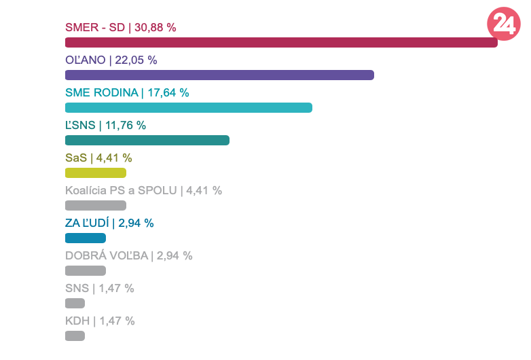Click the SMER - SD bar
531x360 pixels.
pyautogui.click(x=281, y=42)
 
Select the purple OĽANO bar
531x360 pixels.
pyautogui.click(x=219, y=75)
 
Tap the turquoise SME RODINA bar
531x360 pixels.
pyautogui.click(x=188, y=107)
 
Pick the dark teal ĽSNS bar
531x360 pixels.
pyautogui.click(x=147, y=140)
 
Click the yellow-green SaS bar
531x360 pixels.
pyautogui.click(x=95, y=173)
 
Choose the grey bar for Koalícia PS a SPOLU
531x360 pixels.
pyautogui.click(x=95, y=205)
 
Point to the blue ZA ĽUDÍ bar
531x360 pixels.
pyautogui.click(x=85, y=238)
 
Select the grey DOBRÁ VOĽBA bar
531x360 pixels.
pyautogui.click(x=85, y=270)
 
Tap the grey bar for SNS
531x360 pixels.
pyautogui.click(x=75, y=303)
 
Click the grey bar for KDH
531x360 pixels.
pyautogui.click(x=75, y=336)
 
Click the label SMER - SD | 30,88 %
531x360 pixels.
pyautogui.click(x=121, y=27)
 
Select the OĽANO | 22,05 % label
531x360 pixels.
pyautogui.click(x=111, y=60)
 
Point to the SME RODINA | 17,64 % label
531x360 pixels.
pyautogui.click(x=127, y=92)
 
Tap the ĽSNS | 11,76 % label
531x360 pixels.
pyautogui.click(x=105, y=125)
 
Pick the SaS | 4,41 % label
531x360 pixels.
pyautogui.click(x=98, y=158)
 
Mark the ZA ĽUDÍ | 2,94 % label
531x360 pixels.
pyautogui.click(x=109, y=223)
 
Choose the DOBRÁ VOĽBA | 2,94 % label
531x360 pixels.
pyautogui.click(x=128, y=255)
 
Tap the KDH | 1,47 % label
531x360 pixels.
pyautogui.click(x=100, y=321)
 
